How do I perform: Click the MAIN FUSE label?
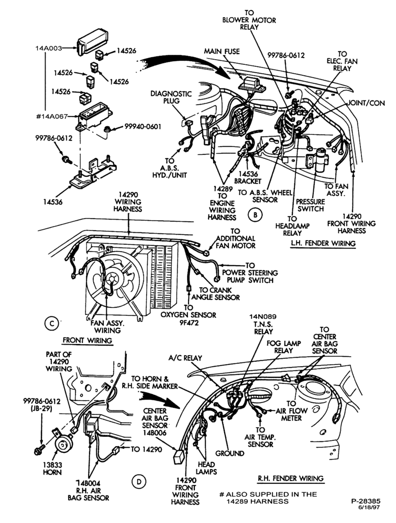click(x=222, y=51)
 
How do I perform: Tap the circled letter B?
click(x=255, y=214)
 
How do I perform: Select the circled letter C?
click(x=51, y=324)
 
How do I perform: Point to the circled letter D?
click(x=139, y=481)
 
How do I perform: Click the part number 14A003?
click(x=49, y=48)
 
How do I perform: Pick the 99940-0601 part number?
click(x=143, y=127)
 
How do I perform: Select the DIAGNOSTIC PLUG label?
click(x=171, y=97)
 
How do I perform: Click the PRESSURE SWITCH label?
click(x=311, y=206)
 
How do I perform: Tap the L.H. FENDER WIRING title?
click(x=323, y=243)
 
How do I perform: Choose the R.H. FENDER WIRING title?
click(x=290, y=479)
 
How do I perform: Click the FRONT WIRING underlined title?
click(x=87, y=340)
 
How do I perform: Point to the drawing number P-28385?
click(x=366, y=502)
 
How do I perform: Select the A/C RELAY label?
click(x=185, y=358)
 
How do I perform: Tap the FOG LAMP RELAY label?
click(x=284, y=347)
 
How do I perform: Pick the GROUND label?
click(x=229, y=453)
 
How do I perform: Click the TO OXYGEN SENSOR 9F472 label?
click(x=189, y=315)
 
